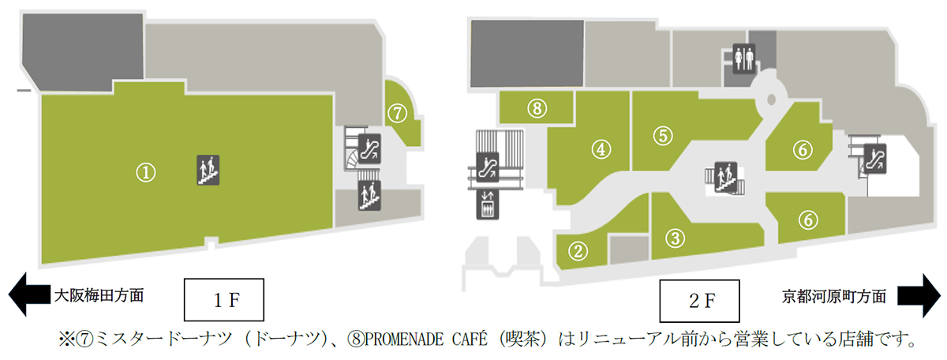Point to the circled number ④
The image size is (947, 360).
coord(601,148)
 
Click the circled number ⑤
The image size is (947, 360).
coord(661,135)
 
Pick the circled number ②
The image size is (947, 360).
coord(580,251)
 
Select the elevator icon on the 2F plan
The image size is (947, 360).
coord(488,204)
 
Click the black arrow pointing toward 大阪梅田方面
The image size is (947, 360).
coord(27,296)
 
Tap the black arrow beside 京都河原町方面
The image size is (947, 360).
coord(919,296)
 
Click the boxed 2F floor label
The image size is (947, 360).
coord(699,301)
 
